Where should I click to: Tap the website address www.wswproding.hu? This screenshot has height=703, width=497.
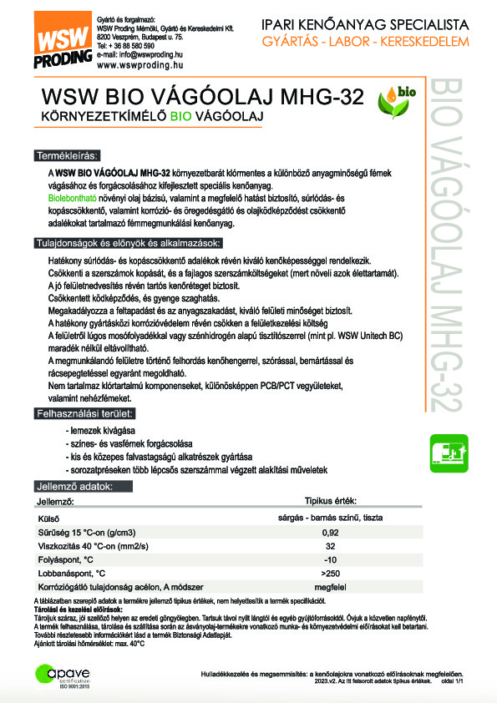(139, 64)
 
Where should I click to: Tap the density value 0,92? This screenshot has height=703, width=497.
(330, 533)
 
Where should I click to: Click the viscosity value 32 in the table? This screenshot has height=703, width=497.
(330, 546)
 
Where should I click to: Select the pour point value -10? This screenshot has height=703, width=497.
(330, 560)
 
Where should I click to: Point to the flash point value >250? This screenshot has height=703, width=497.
(330, 574)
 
